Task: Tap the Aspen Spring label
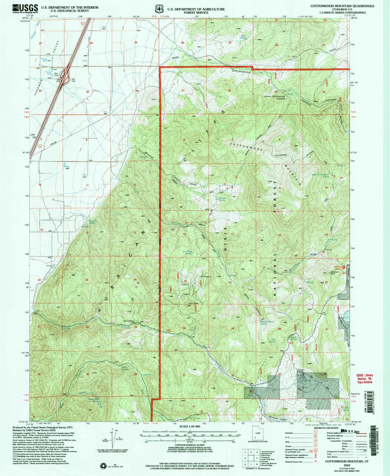(293, 338)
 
